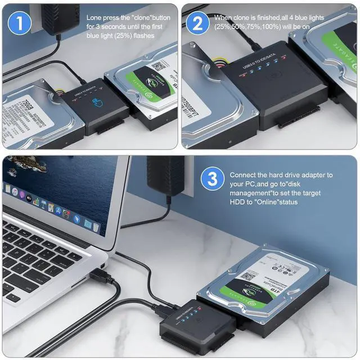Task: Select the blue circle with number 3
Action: (x=212, y=180)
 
